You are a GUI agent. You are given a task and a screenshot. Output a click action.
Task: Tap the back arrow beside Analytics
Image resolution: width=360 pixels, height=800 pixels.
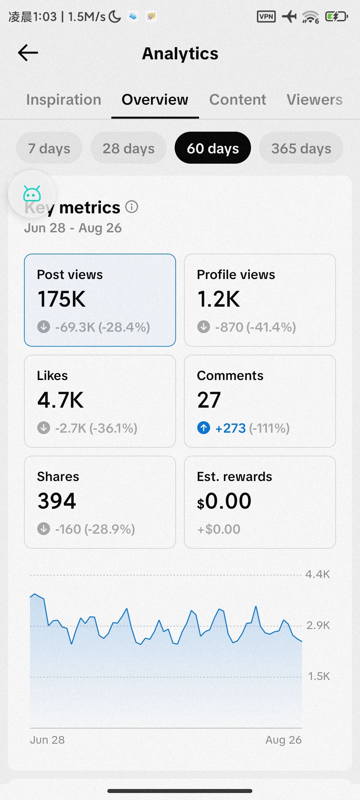click(x=28, y=53)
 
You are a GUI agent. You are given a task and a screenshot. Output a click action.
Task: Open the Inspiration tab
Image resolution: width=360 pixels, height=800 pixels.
click(x=64, y=100)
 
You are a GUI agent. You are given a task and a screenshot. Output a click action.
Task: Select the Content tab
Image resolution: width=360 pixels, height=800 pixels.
click(x=238, y=100)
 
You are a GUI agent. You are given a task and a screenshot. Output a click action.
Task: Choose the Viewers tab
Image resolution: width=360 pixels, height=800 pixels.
click(x=315, y=100)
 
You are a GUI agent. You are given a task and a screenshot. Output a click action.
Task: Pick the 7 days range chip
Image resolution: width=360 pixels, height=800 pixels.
click(x=49, y=148)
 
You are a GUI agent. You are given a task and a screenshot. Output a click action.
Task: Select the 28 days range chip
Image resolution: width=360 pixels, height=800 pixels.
click(x=128, y=148)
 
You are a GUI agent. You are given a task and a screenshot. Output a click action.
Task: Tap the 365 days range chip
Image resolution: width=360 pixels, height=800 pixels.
click(x=301, y=148)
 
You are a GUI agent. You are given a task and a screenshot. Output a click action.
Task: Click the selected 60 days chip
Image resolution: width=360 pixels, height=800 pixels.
click(x=213, y=148)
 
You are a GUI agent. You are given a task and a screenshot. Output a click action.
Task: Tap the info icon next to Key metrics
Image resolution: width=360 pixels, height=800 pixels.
click(x=132, y=207)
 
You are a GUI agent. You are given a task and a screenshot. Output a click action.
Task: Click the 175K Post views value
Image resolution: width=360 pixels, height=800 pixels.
click(x=61, y=299)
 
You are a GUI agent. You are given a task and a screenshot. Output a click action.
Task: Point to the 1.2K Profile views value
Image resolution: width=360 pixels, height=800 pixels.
click(x=218, y=299)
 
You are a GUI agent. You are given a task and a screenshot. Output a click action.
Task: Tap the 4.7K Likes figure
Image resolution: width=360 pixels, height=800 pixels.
click(x=60, y=400)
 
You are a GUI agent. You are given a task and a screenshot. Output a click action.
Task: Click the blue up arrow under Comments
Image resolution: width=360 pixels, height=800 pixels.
click(x=204, y=428)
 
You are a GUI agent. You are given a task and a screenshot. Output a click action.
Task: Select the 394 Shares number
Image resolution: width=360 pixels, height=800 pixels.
click(x=57, y=501)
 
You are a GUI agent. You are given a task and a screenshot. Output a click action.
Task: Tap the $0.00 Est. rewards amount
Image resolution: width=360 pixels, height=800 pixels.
click(x=224, y=501)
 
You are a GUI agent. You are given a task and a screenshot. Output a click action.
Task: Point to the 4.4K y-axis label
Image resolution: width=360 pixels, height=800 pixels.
click(x=317, y=574)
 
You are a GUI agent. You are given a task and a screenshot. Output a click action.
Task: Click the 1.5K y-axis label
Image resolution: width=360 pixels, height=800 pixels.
click(x=319, y=676)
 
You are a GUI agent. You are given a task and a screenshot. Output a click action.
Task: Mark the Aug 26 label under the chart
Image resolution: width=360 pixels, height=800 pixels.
click(x=284, y=740)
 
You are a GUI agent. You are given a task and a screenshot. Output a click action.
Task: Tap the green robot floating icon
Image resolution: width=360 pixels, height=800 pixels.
click(x=32, y=194)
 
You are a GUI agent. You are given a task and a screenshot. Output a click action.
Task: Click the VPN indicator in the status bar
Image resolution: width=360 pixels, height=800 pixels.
click(x=266, y=16)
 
